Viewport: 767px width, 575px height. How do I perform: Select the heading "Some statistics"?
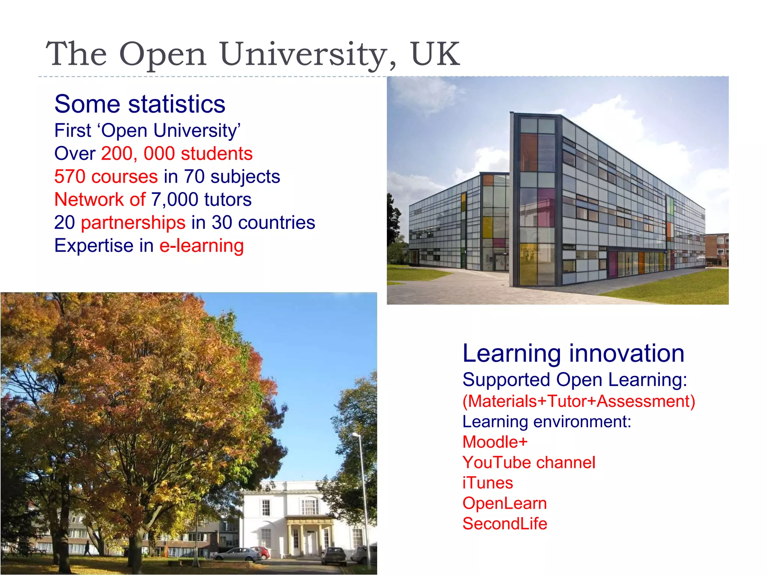point(140,104)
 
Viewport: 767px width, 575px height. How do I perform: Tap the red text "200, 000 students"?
point(177,153)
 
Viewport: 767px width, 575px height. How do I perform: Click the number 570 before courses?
point(70,176)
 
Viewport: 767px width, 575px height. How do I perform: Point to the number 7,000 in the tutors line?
point(175,200)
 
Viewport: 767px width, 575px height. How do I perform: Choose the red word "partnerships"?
point(133,223)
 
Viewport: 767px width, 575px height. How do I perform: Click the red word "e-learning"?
point(201,246)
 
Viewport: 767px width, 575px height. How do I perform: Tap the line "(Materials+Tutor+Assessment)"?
point(579,401)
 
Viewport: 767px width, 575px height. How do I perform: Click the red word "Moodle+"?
point(495,442)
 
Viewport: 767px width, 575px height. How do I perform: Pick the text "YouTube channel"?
point(528,463)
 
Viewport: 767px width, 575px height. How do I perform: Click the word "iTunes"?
point(487,483)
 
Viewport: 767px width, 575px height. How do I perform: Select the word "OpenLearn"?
point(504,503)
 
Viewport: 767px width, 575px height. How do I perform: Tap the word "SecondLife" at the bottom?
point(504,524)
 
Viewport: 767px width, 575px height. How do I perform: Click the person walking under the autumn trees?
point(87,547)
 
